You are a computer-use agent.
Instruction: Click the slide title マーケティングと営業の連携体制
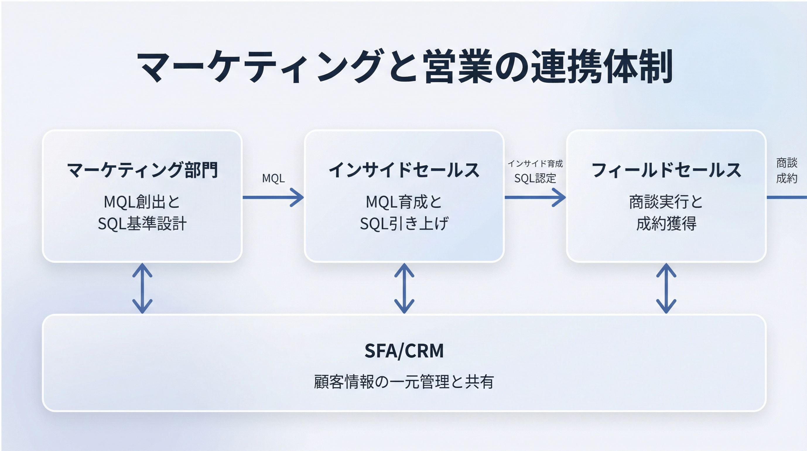404,66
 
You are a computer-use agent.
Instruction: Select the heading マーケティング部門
142,170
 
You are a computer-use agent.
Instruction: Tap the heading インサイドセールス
404,170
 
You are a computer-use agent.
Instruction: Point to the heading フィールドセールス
666,170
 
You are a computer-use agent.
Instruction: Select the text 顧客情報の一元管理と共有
404,382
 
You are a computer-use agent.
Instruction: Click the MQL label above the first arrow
273,178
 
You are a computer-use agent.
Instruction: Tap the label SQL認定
535,178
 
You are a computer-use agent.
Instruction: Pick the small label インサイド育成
535,164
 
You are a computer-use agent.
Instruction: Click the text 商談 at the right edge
787,163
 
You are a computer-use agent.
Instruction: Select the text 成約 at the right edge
787,178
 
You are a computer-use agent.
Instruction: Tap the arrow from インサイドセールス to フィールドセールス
535,197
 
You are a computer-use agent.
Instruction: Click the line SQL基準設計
142,224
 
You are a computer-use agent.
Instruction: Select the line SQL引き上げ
404,224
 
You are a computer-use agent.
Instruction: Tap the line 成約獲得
666,224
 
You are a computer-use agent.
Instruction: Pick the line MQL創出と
142,202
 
